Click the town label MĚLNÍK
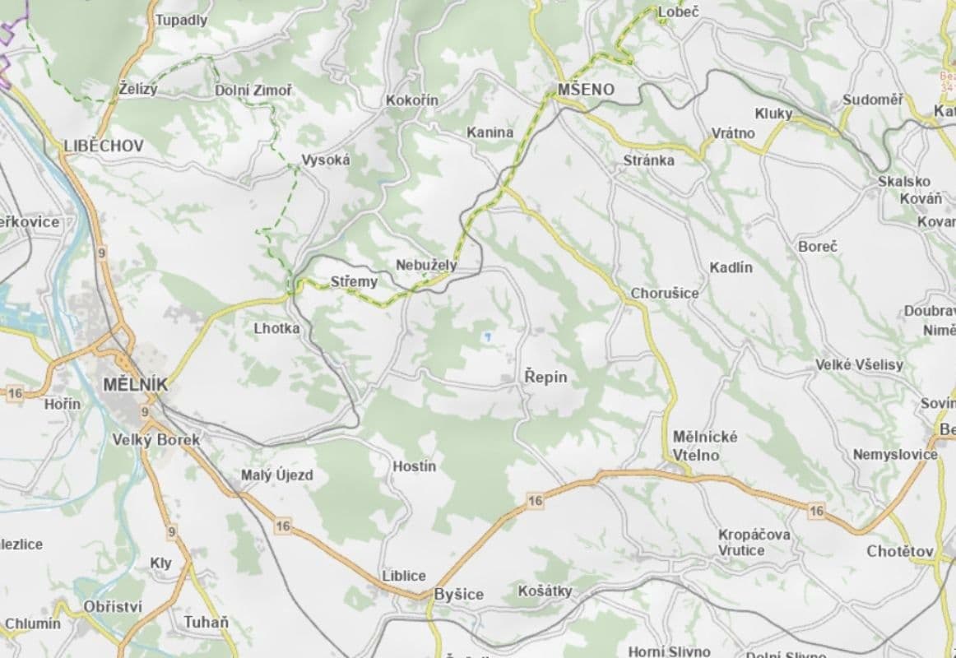click(137, 384)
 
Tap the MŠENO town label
click(586, 89)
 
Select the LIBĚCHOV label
click(104, 146)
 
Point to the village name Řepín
click(545, 377)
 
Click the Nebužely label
click(426, 266)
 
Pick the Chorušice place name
click(665, 293)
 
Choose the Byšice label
click(458, 594)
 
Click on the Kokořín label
click(411, 100)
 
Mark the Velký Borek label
click(156, 440)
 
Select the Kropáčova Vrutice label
click(754, 542)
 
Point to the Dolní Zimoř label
click(253, 90)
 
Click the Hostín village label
click(414, 466)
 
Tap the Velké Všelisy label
click(859, 364)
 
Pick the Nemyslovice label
click(895, 454)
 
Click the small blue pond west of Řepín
click(487, 336)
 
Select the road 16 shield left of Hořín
click(14, 393)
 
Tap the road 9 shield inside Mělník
click(145, 411)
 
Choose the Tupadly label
click(182, 20)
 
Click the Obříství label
click(113, 606)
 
